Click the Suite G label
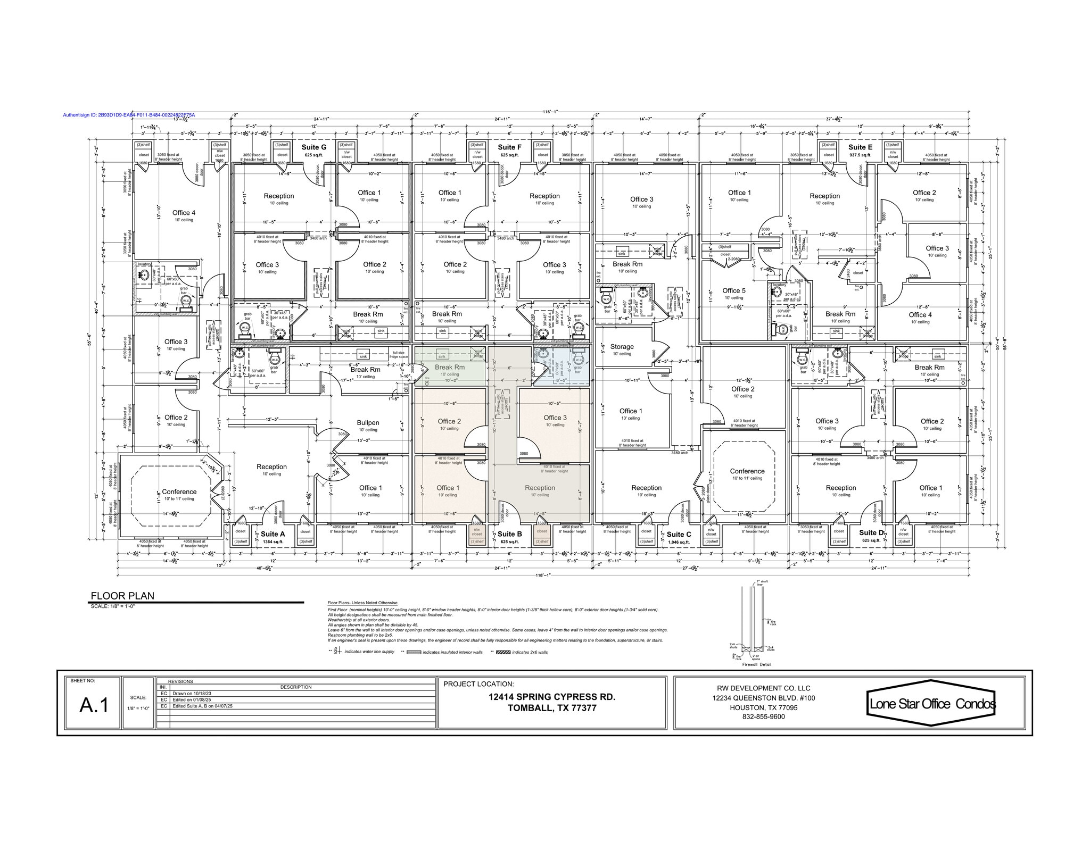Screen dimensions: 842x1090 pyautogui.click(x=313, y=147)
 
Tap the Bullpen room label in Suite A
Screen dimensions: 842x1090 pyautogui.click(x=368, y=423)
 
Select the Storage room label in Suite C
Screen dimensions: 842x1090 pyautogui.click(x=622, y=346)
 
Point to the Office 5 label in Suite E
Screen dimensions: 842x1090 pyautogui.click(x=734, y=290)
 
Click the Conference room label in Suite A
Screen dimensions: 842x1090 pyautogui.click(x=179, y=491)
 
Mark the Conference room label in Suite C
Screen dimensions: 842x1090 pyautogui.click(x=747, y=471)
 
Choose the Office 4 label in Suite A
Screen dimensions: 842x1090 pyautogui.click(x=184, y=213)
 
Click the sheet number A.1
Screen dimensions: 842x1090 pyautogui.click(x=94, y=705)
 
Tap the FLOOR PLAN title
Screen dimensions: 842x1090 pyautogui.click(x=122, y=596)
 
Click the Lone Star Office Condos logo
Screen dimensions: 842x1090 pyautogui.click(x=931, y=704)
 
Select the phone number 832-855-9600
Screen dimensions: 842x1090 pyautogui.click(x=763, y=716)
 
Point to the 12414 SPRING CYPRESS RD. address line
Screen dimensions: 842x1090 pyautogui.click(x=552, y=697)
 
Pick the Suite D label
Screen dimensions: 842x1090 pyautogui.click(x=871, y=532)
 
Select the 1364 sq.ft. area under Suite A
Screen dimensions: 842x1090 pyautogui.click(x=273, y=542)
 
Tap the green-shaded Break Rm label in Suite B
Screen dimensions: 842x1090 pyautogui.click(x=450, y=367)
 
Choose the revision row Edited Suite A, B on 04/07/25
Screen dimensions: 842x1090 pyautogui.click(x=203, y=706)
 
